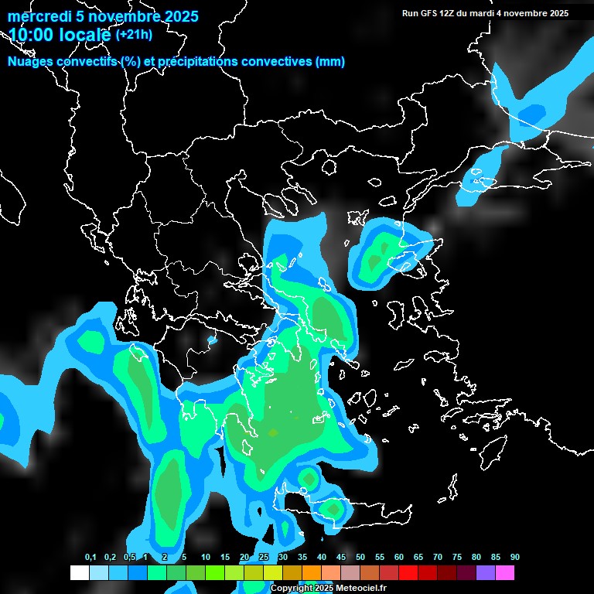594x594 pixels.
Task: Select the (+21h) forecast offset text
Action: click(134, 34)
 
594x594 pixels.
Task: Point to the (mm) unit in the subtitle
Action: click(330, 62)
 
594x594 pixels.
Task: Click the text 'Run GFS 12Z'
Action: click(430, 13)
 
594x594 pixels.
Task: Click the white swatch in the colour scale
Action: click(80, 573)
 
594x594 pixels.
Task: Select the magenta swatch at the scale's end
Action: click(505, 573)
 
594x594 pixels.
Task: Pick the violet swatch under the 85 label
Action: click(486, 573)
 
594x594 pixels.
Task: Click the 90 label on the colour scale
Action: click(514, 558)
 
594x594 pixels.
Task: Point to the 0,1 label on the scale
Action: click(90, 558)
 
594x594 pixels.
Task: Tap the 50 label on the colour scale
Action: click(360, 558)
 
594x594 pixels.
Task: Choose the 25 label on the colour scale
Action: click(264, 558)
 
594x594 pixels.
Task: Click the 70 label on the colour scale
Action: click(438, 558)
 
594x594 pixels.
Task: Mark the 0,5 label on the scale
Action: click(130, 558)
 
